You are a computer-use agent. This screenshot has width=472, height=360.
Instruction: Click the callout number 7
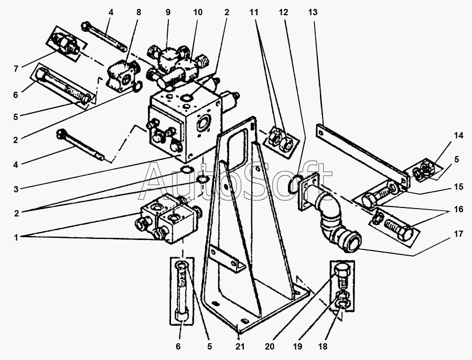pos(16,69)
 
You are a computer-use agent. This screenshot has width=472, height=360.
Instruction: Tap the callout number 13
pos(313,13)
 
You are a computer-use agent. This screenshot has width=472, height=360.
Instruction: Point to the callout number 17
pos(458,234)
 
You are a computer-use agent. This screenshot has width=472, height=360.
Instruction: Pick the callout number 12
pos(283,13)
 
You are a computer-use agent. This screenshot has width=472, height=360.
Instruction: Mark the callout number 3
pos(15,189)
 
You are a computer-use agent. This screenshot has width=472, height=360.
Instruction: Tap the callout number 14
pos(458,136)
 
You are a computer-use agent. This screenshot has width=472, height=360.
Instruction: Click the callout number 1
pos(15,237)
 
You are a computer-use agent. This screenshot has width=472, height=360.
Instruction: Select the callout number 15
pos(458,186)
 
